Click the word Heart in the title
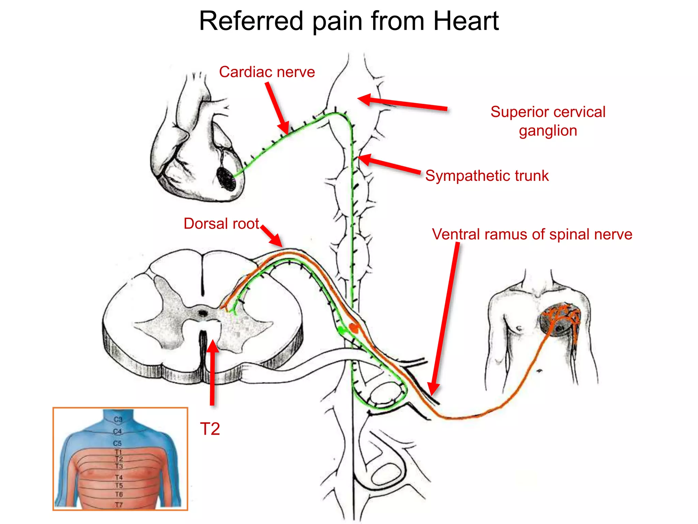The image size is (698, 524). click(x=466, y=21)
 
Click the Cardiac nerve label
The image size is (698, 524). click(x=267, y=72)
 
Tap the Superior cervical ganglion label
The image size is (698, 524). click(x=548, y=121)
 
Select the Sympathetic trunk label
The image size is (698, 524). click(x=487, y=176)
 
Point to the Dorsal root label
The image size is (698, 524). click(x=221, y=224)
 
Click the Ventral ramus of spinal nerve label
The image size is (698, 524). click(x=532, y=234)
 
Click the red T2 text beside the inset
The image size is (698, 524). click(x=210, y=429)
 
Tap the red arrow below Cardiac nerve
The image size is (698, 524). click(x=277, y=108)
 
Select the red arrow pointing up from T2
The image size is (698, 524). click(x=213, y=372)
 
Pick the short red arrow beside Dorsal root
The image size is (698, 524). click(x=272, y=235)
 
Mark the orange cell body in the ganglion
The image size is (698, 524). click(x=354, y=328)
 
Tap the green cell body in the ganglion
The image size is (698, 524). click(x=341, y=330)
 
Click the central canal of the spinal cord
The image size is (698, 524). click(x=203, y=312)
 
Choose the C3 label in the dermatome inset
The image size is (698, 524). click(x=118, y=419)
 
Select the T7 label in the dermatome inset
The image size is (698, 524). click(x=119, y=505)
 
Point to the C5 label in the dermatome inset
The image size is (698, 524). click(x=117, y=443)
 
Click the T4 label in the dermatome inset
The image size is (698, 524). click(x=119, y=477)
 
